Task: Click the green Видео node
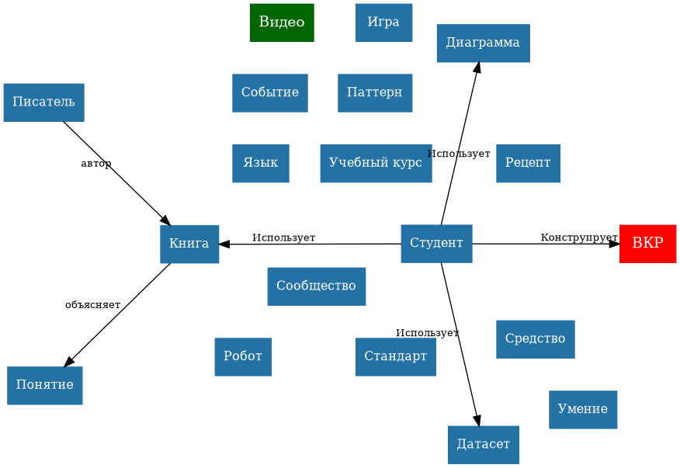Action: (x=282, y=23)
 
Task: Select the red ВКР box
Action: (x=647, y=244)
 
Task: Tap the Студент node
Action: (x=436, y=244)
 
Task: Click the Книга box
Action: (x=189, y=244)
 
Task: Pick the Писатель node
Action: (x=43, y=102)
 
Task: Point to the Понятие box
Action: (x=44, y=385)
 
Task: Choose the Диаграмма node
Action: (x=483, y=43)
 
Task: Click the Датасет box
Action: (x=483, y=445)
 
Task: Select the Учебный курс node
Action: (x=376, y=163)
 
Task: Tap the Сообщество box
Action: (x=316, y=286)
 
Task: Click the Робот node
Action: (x=243, y=357)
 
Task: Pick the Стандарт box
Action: (x=395, y=357)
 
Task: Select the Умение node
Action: (x=582, y=410)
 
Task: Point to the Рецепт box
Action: (x=528, y=163)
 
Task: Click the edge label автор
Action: (x=96, y=164)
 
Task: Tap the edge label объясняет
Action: (x=93, y=305)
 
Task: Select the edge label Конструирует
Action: (x=579, y=237)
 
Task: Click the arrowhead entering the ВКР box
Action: (x=614, y=244)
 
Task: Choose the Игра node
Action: (x=383, y=23)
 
